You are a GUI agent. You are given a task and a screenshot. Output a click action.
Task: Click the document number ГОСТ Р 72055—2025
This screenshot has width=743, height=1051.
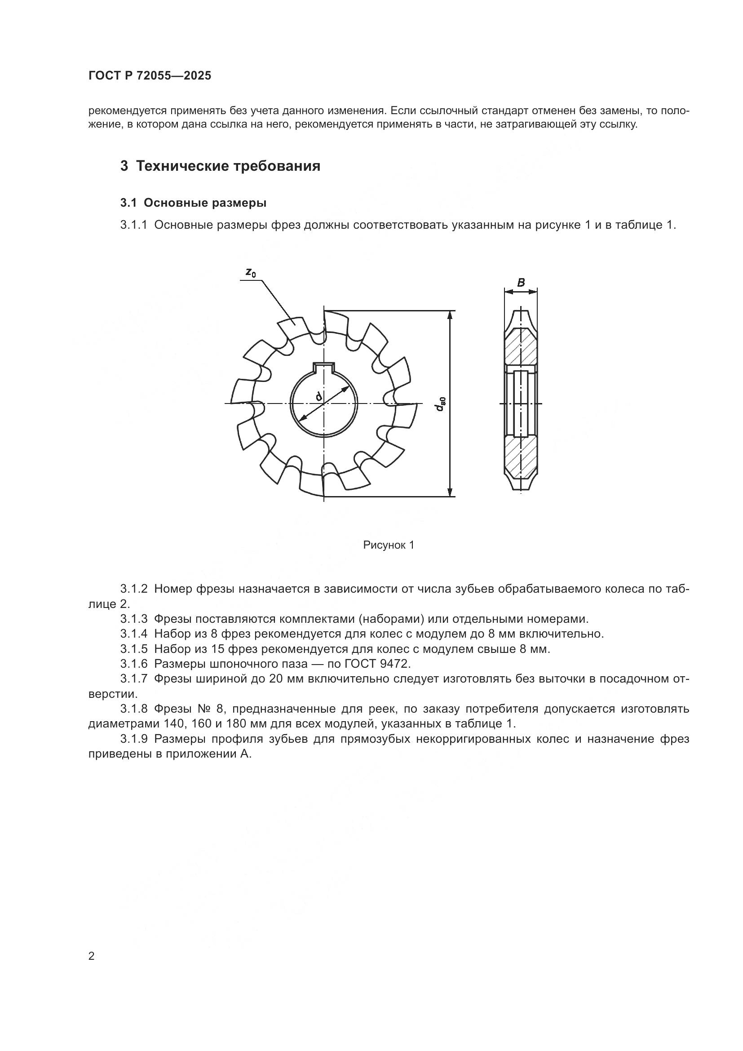[x=150, y=76]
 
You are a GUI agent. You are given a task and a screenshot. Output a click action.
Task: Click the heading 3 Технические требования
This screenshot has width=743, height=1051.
[x=220, y=166]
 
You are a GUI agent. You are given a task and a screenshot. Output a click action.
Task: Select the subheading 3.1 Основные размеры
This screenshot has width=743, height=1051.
[x=193, y=203]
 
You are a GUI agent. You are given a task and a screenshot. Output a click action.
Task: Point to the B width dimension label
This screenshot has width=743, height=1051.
[x=521, y=283]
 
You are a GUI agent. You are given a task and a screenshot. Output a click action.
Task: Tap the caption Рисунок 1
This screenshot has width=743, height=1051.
[x=389, y=545]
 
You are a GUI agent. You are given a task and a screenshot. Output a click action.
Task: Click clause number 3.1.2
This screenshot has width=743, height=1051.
[x=134, y=589]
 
